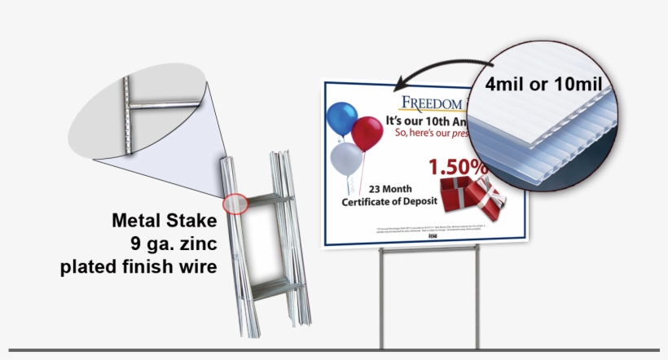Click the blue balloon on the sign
(342, 118)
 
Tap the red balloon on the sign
(367, 133)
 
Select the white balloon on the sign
(346, 157)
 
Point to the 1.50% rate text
(458, 168)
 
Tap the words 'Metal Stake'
(165, 220)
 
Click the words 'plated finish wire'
(138, 266)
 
